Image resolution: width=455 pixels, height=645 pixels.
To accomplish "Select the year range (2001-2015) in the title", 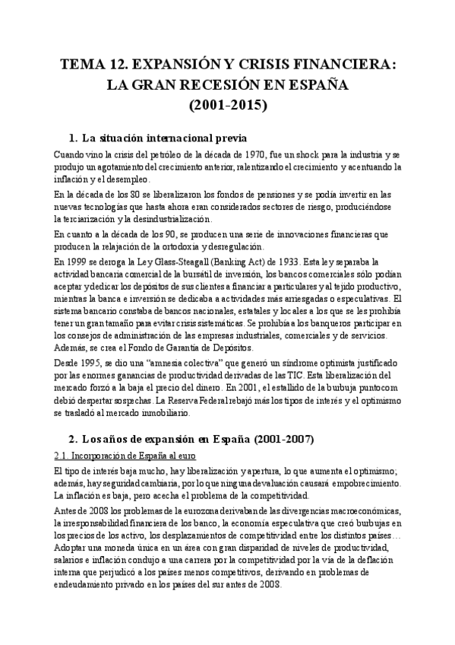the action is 227,104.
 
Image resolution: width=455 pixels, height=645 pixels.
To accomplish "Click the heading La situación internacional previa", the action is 163,138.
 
